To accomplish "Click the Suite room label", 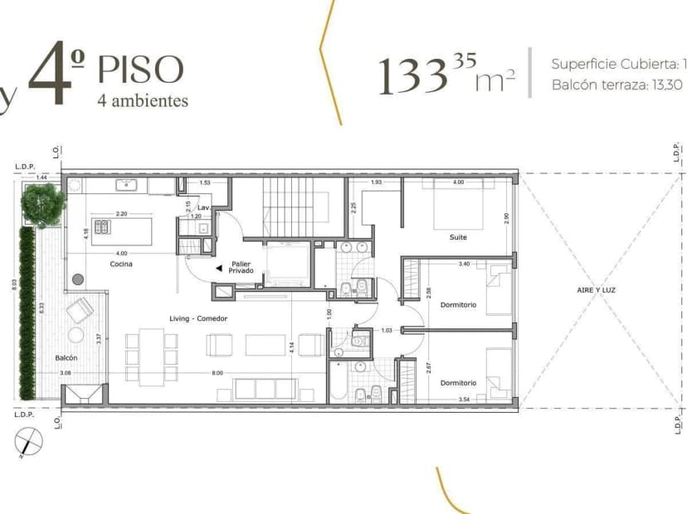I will [x=458, y=237].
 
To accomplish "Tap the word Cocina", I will [x=122, y=264].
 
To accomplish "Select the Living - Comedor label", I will [x=200, y=318].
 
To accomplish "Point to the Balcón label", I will [x=66, y=358].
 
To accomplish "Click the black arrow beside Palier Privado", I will [x=218, y=269].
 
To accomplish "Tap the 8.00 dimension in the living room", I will [x=217, y=374].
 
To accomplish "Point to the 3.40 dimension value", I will [x=465, y=264].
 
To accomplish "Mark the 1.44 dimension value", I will [x=41, y=177].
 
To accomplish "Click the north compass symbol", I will [x=27, y=443].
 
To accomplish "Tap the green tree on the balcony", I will [x=44, y=201].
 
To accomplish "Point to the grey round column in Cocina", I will [x=79, y=279].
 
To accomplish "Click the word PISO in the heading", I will [x=139, y=70].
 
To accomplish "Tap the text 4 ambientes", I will [x=143, y=101].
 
